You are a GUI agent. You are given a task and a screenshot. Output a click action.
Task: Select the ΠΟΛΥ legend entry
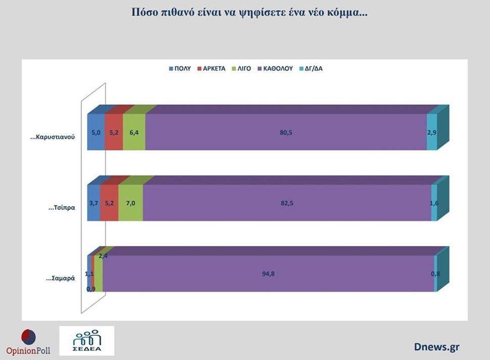click(180, 69)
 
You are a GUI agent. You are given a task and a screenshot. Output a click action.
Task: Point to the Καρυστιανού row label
click(53, 138)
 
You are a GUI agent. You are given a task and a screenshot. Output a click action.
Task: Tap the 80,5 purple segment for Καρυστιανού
click(286, 132)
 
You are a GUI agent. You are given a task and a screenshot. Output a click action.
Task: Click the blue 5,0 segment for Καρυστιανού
click(96, 132)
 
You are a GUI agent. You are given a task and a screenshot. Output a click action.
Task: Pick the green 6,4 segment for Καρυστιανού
click(134, 132)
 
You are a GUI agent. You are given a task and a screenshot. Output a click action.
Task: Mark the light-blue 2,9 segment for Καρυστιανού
click(431, 132)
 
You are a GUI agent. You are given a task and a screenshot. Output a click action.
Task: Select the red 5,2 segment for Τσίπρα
click(109, 203)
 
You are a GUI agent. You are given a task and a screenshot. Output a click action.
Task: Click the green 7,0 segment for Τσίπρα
click(130, 203)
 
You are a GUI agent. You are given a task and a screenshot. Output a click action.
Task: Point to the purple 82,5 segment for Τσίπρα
click(287, 203)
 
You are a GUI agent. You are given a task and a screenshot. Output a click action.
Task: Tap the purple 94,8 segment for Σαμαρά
click(268, 274)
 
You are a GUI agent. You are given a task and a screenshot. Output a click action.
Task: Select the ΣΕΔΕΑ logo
click(86, 341)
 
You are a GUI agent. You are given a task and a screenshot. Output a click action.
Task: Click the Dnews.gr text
click(436, 347)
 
